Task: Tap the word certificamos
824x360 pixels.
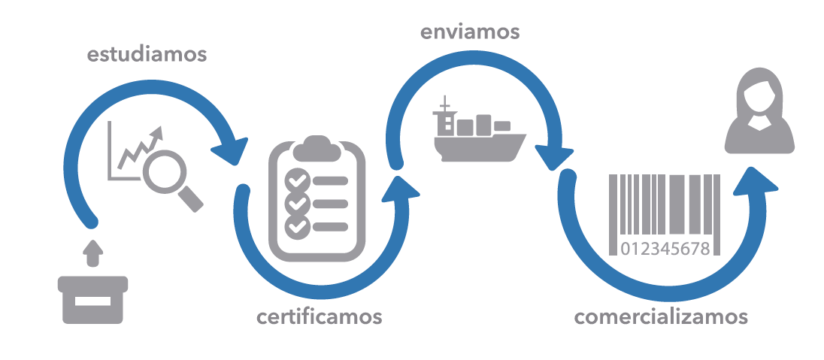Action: click(320, 316)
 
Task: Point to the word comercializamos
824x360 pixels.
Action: click(661, 316)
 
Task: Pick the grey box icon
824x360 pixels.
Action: click(92, 298)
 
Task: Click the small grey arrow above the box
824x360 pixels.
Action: click(92, 253)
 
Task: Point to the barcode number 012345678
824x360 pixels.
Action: click(665, 249)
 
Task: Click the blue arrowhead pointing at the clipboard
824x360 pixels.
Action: click(231, 151)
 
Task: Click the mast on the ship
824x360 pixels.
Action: click(444, 105)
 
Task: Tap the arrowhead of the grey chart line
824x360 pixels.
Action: click(157, 134)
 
